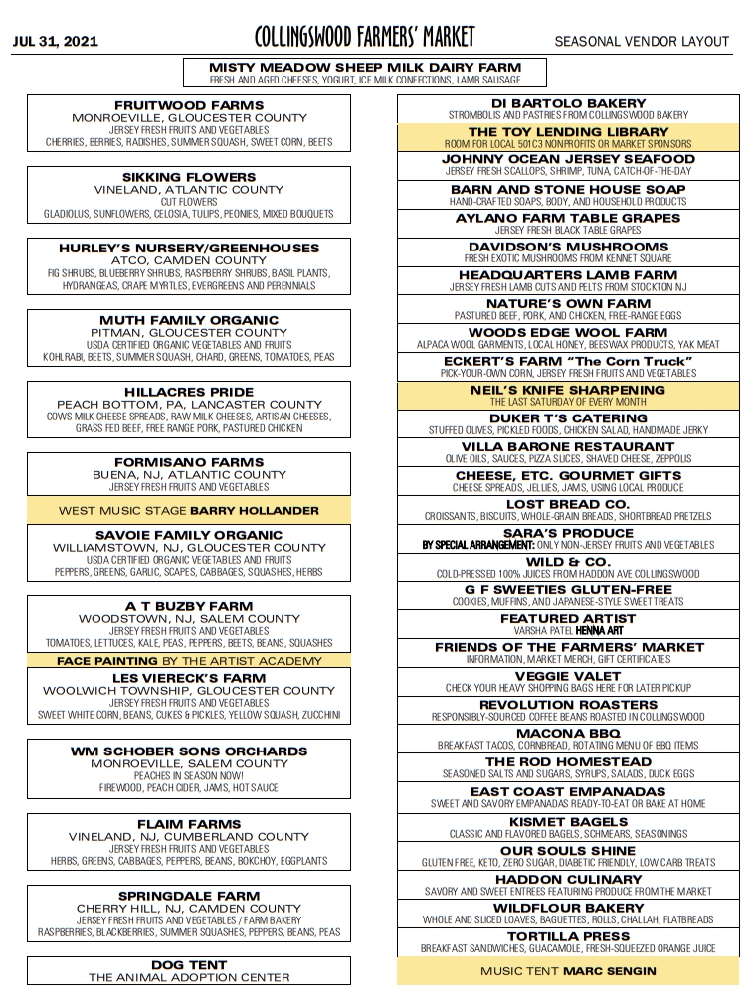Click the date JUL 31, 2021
55,41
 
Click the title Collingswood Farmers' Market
364,38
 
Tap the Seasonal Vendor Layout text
642,41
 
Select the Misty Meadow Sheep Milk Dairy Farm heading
364,67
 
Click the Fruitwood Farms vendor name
189,105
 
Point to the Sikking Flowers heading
189,177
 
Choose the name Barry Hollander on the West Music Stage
255,510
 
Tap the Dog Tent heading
189,964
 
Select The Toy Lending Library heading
568,131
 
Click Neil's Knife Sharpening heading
568,390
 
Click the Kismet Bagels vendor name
568,822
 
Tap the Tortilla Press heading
568,936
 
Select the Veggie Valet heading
568,676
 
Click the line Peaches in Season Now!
189,775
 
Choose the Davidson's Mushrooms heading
568,247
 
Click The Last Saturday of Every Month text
568,402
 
